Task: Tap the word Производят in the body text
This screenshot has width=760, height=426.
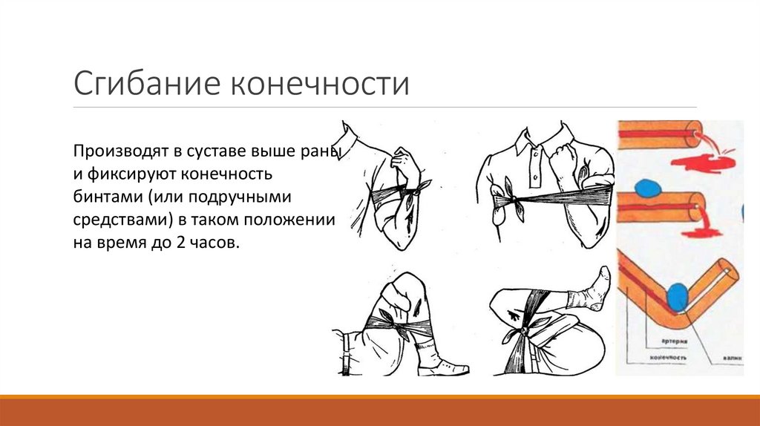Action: [x=117, y=153]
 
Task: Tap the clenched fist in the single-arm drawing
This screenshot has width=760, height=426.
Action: [x=405, y=161]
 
